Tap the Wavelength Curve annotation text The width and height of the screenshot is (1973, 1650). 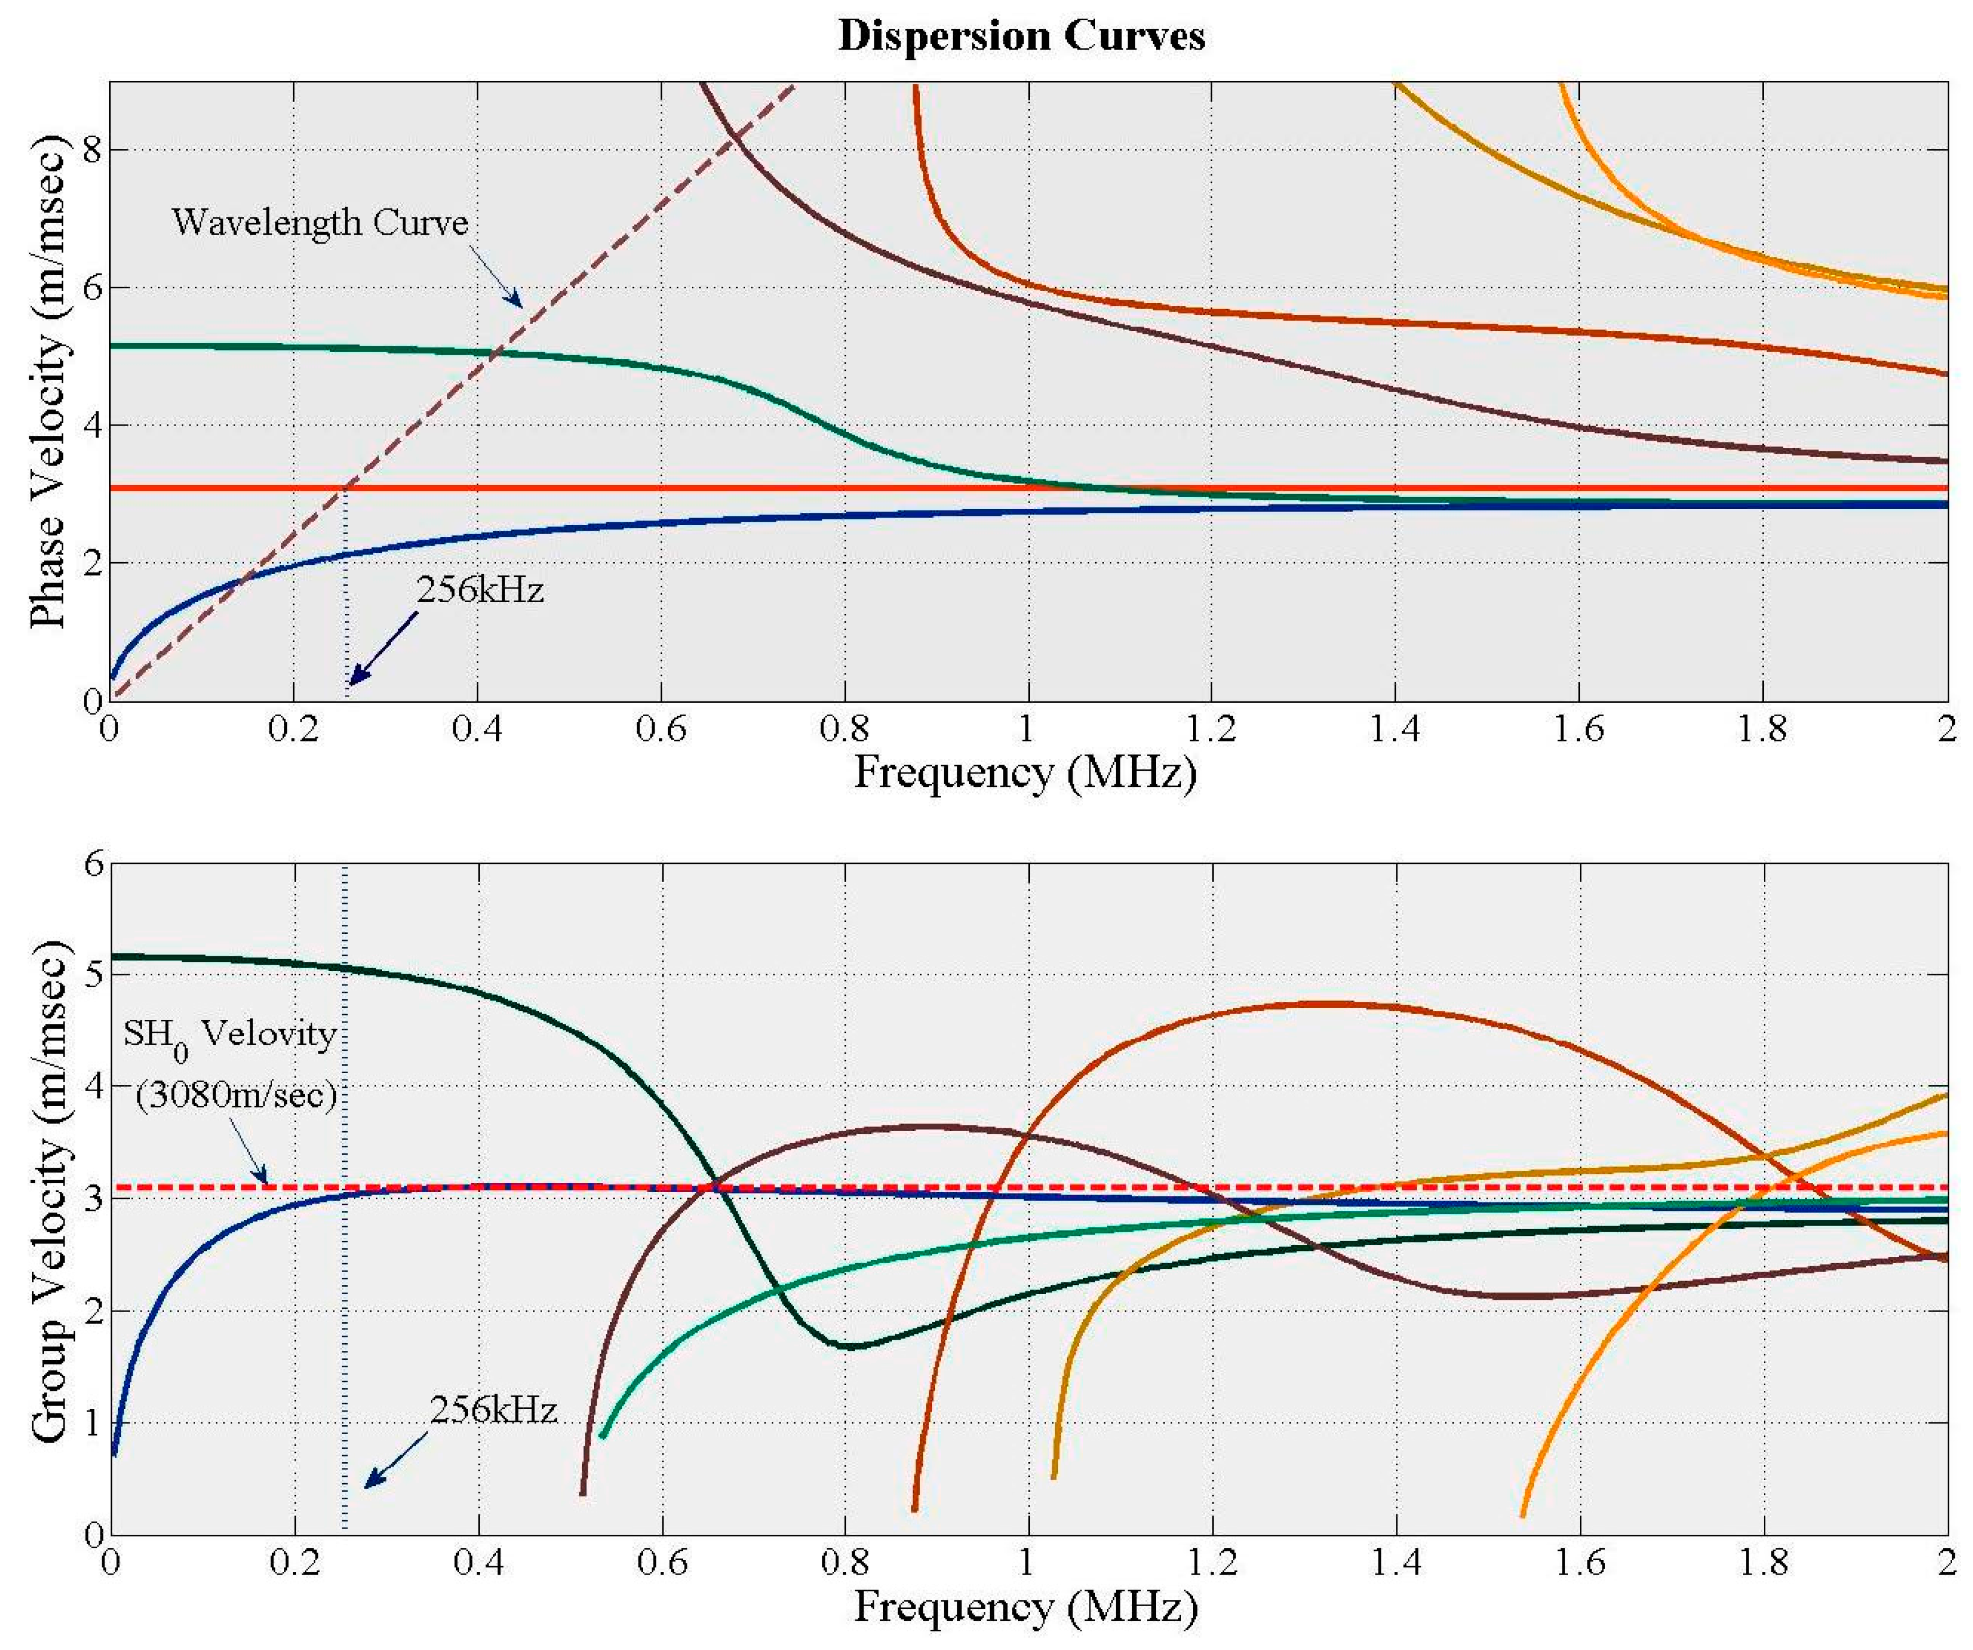click(319, 223)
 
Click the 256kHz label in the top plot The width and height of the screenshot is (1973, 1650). click(480, 590)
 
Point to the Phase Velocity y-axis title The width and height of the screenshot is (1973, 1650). click(49, 381)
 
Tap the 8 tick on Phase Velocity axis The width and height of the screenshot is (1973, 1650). click(91, 150)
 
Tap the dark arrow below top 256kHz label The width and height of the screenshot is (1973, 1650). click(381, 648)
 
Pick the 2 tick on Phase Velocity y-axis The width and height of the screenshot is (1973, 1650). click(91, 563)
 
